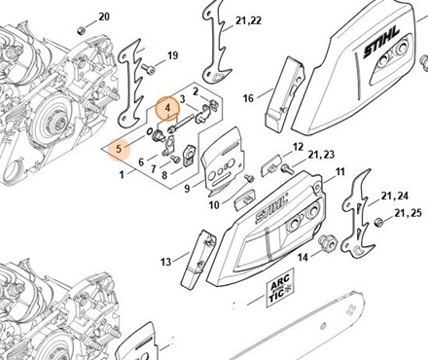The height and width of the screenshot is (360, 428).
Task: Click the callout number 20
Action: pos(104,17)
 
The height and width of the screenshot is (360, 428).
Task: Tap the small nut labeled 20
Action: pos(81,31)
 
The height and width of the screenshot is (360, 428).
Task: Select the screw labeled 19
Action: pos(148,69)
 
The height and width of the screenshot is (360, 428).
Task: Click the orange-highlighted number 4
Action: pos(167,108)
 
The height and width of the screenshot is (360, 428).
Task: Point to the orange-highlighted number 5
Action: pos(119,149)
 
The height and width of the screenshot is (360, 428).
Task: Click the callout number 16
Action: pos(248,98)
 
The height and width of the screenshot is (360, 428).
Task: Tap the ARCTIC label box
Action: pos(280,288)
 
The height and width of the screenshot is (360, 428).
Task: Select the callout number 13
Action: pos(165,262)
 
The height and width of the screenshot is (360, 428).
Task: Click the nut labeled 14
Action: pos(327,243)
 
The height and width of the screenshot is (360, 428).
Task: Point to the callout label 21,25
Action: pos(408,213)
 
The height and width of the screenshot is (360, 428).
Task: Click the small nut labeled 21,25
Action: pos(378,223)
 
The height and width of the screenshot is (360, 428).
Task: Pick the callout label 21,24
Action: pos(395,196)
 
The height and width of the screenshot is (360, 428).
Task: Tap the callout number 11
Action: pos(339,171)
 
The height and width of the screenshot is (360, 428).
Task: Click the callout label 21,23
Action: pos(321,155)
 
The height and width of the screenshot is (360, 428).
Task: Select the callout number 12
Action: pos(298,147)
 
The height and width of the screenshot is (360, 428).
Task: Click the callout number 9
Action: pos(187,188)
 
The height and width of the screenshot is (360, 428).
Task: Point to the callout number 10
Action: pos(214,205)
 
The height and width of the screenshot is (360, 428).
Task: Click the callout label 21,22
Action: pos(249,20)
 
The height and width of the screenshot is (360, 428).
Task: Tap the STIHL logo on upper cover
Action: pos(381,42)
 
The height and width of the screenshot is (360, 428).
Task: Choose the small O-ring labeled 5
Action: pos(149,132)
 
